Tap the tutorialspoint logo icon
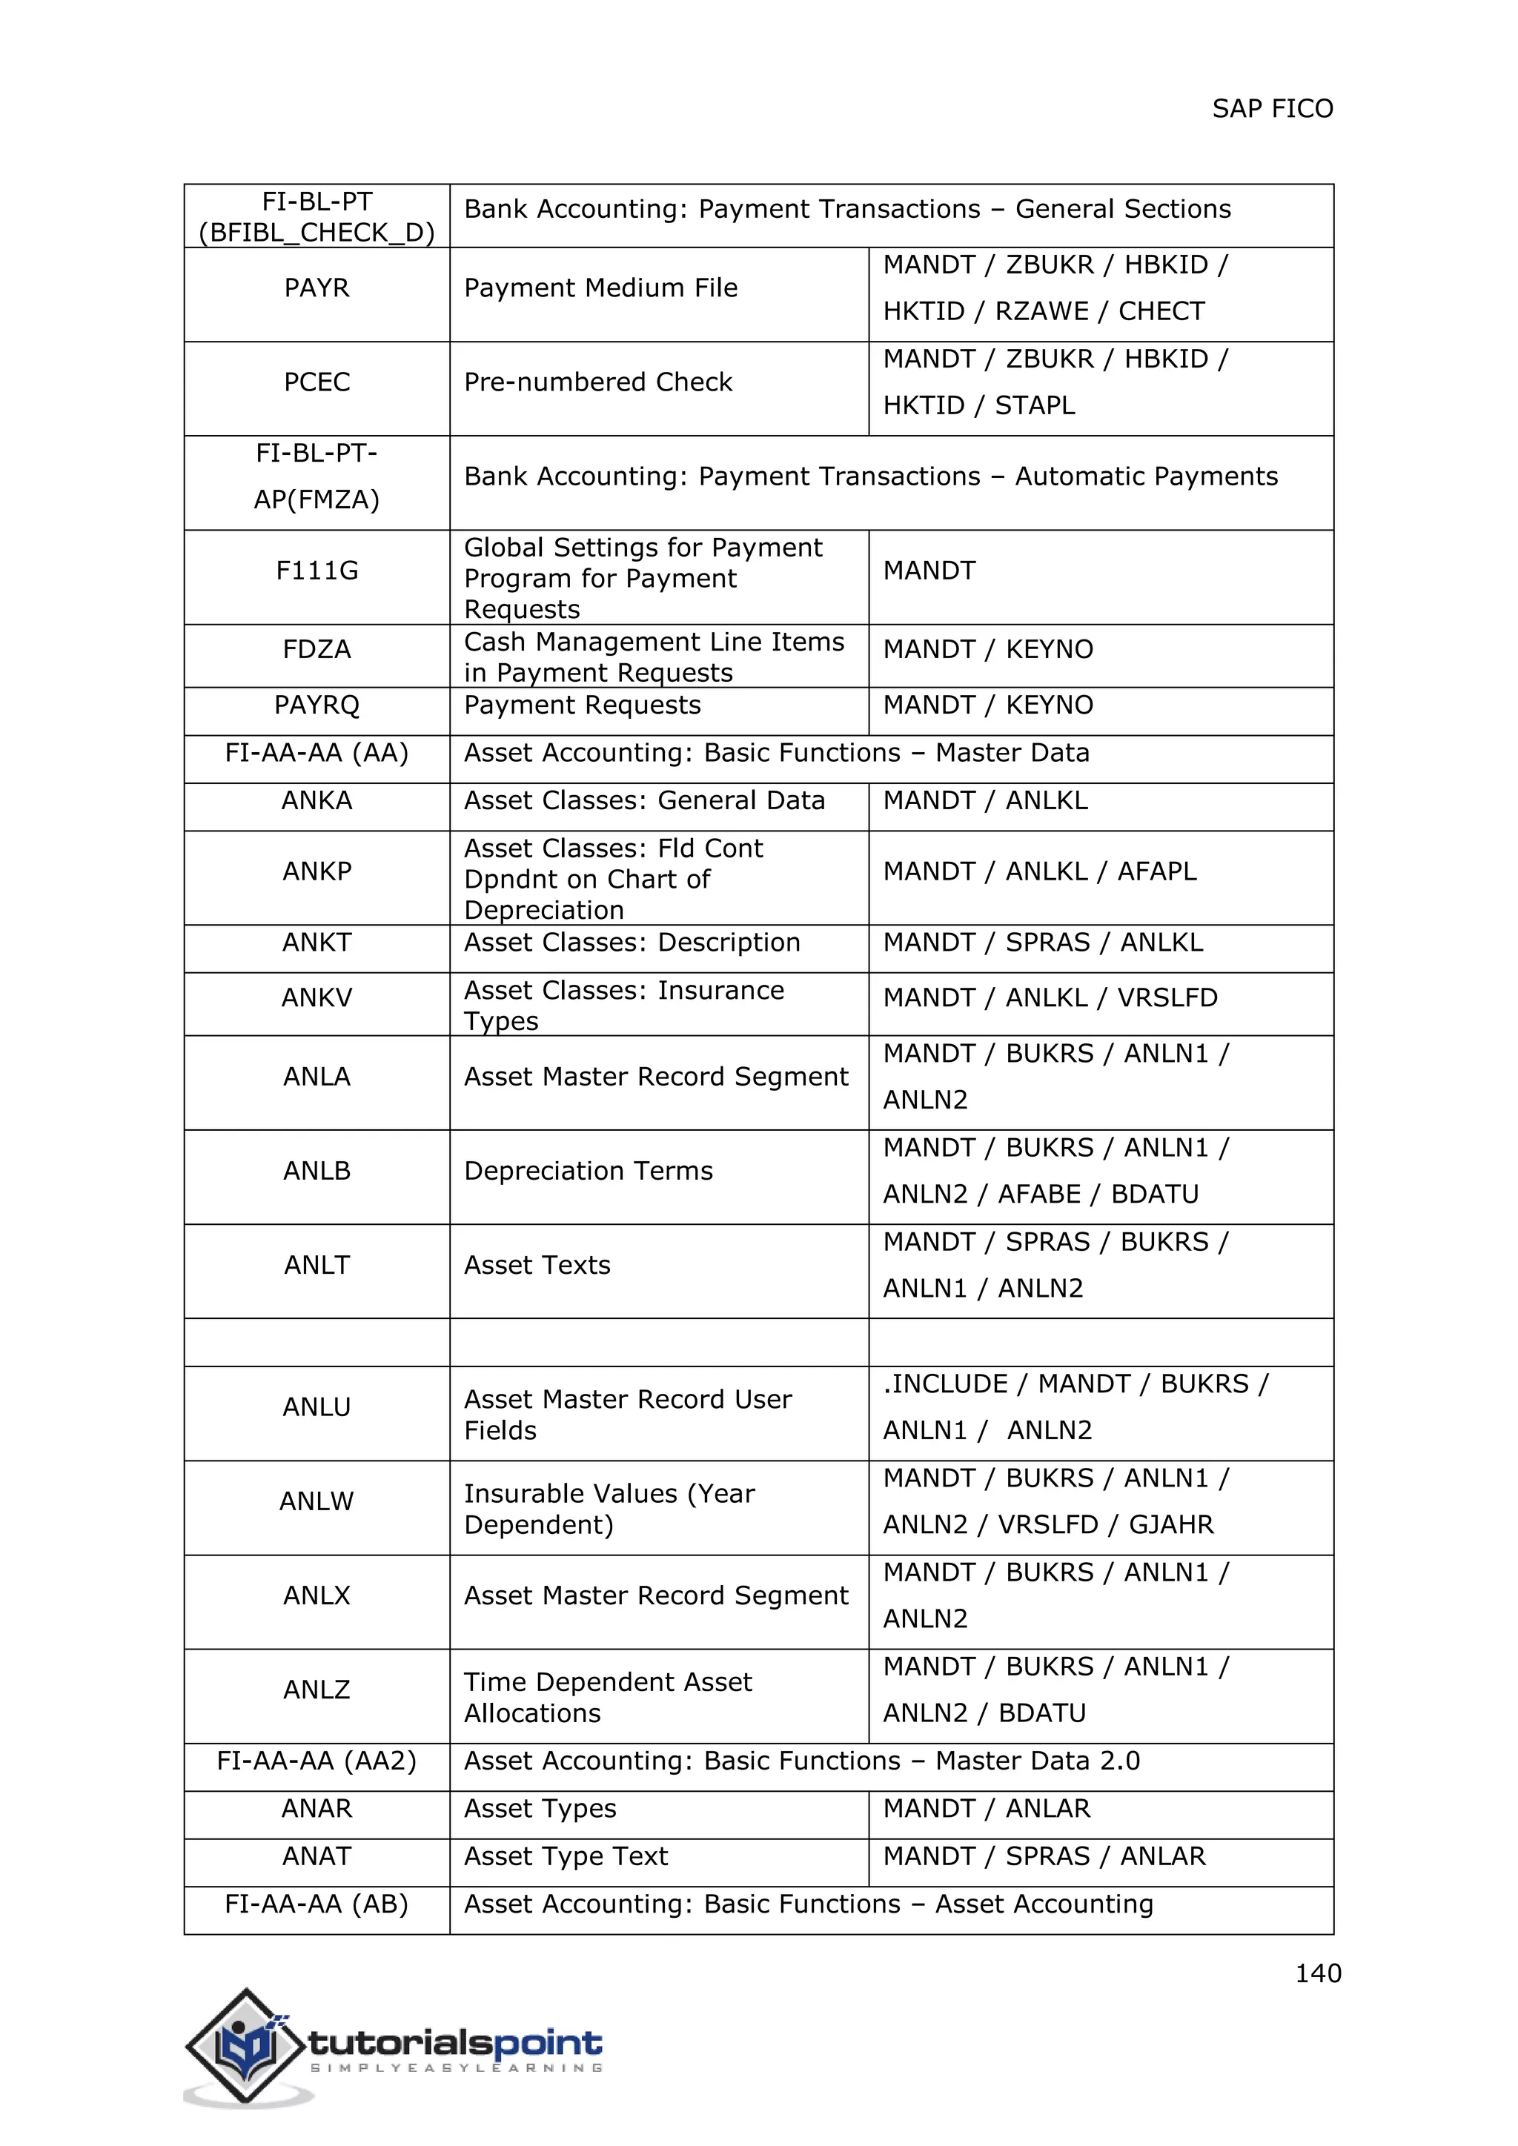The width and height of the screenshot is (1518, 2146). click(247, 2044)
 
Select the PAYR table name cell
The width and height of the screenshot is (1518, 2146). click(317, 288)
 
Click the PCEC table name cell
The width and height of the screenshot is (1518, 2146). click(317, 382)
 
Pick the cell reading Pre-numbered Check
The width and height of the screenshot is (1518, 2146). click(598, 382)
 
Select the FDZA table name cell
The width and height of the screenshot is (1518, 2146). click(317, 650)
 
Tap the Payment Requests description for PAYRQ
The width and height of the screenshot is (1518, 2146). click(583, 705)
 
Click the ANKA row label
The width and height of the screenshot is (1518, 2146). click(317, 800)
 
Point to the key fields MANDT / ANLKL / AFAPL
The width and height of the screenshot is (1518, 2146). click(1039, 871)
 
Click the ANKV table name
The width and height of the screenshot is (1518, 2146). click(317, 997)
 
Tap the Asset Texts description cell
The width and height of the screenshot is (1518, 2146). click(537, 1265)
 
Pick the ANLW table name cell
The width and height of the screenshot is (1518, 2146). click(317, 1501)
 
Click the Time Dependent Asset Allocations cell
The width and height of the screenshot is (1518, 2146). click(608, 1698)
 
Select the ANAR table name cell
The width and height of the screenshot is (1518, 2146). click(317, 1809)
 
